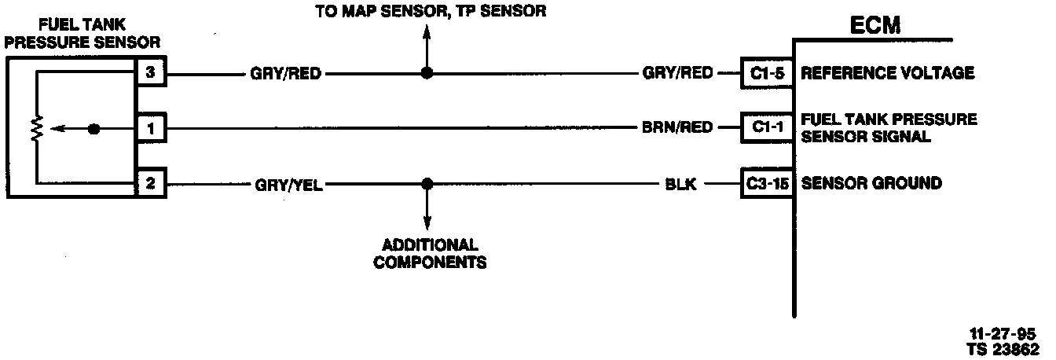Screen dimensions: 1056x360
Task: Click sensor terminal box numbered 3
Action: pos(149,73)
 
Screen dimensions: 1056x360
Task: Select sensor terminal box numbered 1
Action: pos(149,128)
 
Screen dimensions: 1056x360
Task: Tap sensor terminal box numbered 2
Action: pos(149,184)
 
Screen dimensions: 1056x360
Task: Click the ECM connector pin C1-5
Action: pos(766,73)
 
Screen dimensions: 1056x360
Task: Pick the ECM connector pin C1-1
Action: pos(766,128)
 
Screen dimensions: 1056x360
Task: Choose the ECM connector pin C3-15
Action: pos(766,184)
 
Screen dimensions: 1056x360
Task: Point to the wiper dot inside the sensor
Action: pos(94,128)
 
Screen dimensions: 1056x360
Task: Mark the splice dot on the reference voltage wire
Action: pos(427,73)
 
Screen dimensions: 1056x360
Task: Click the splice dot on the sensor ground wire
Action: pos(427,184)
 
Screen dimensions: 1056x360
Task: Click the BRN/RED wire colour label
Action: pos(677,128)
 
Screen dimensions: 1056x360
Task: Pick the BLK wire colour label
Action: pos(680,185)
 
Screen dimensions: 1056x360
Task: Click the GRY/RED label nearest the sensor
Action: pos(284,74)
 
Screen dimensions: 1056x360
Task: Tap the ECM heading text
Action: pos(875,26)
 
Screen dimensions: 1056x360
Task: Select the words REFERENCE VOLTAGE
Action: pos(887,74)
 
